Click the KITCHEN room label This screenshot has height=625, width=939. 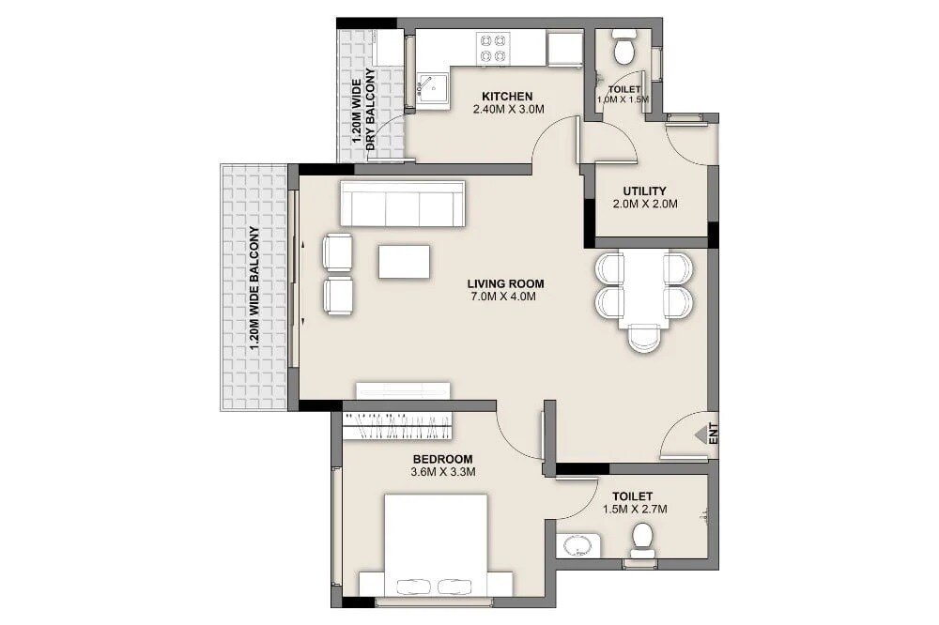pyautogui.click(x=507, y=97)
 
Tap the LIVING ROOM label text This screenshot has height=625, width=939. pyautogui.click(x=505, y=283)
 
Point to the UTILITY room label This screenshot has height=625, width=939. pyautogui.click(x=644, y=191)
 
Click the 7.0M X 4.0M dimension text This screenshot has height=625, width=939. pyautogui.click(x=505, y=297)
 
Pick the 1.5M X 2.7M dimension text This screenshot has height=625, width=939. pyautogui.click(x=634, y=510)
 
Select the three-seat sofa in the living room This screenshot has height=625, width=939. pyautogui.click(x=403, y=204)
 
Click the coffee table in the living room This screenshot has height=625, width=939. pyautogui.click(x=404, y=261)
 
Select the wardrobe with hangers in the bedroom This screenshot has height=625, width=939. pyautogui.click(x=397, y=425)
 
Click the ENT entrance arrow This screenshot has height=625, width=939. pyautogui.click(x=701, y=434)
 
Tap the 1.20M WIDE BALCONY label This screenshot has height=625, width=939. pyautogui.click(x=254, y=288)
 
